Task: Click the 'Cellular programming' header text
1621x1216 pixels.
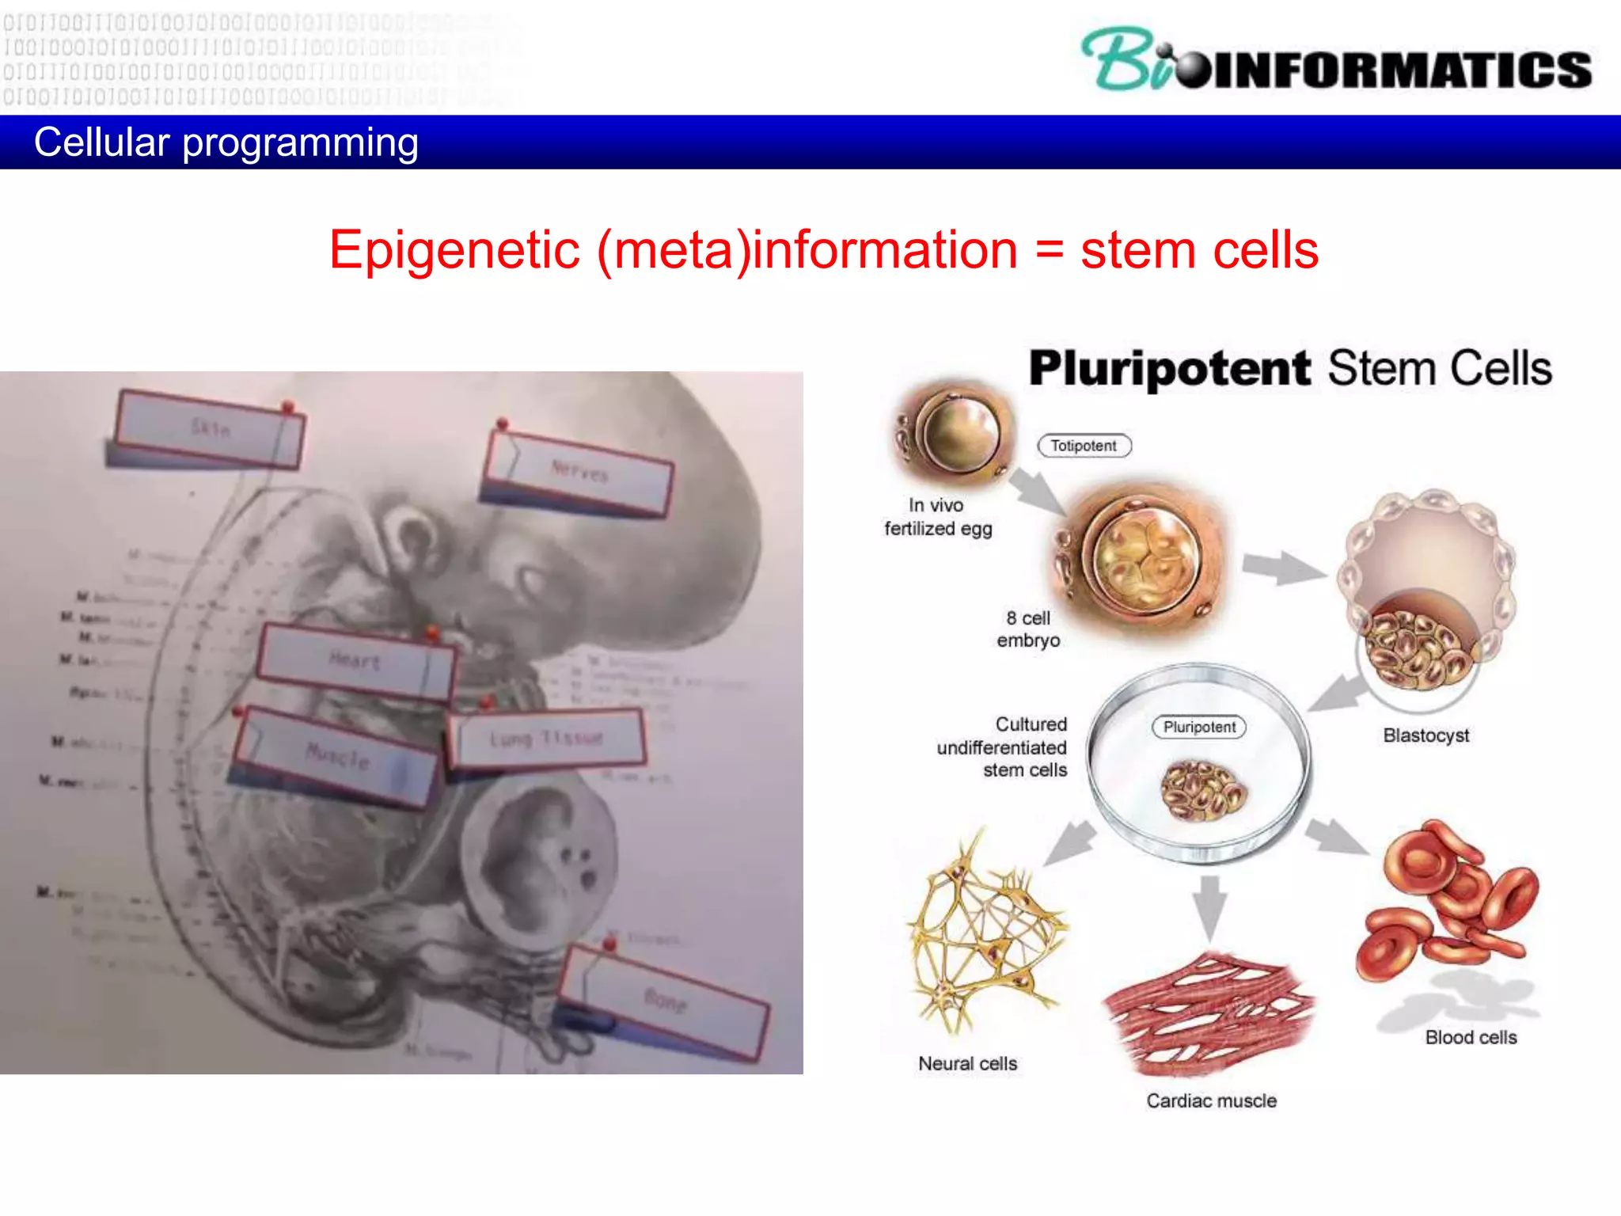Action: (226, 142)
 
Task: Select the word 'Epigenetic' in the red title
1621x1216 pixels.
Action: (454, 250)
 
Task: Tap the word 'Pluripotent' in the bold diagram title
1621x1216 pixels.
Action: (1170, 369)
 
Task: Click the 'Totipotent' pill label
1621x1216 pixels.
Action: (1084, 446)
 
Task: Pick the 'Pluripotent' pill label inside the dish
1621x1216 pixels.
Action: (1199, 727)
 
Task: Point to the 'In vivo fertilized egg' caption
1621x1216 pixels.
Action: (937, 517)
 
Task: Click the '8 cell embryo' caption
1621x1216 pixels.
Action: (1028, 629)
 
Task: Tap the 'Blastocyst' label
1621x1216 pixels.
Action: (1425, 735)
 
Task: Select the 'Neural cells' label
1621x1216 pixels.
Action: (967, 1063)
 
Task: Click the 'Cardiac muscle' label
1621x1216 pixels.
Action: (1211, 1100)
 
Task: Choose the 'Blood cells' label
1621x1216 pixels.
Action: (1471, 1037)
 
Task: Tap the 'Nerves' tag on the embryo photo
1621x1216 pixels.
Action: (580, 472)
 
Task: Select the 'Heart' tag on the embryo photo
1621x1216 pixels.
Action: (355, 661)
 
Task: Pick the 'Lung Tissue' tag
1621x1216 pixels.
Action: (546, 739)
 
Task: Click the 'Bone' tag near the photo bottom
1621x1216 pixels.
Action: (665, 1001)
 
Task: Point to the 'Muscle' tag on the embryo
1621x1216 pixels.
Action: (337, 757)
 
